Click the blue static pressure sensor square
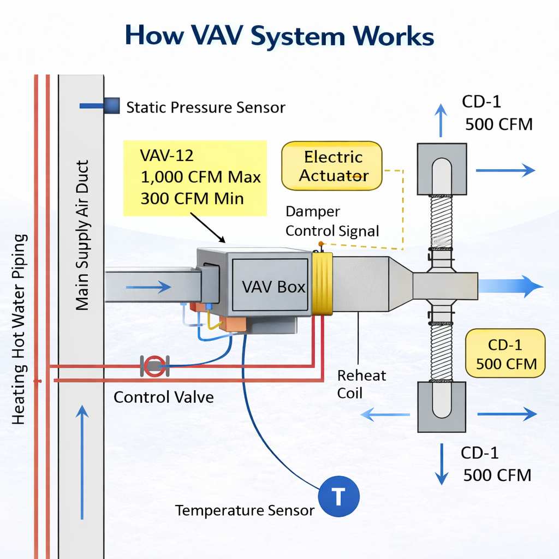pyautogui.click(x=111, y=105)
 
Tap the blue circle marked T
pyautogui.click(x=338, y=497)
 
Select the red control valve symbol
pyautogui.click(x=154, y=365)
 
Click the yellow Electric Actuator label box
pyautogui.click(x=331, y=166)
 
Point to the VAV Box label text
pyautogui.click(x=273, y=287)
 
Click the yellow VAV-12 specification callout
pyautogui.click(x=195, y=177)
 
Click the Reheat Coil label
pyautogui.click(x=361, y=384)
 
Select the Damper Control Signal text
pyautogui.click(x=332, y=221)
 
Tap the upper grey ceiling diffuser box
pyautogui.click(x=442, y=169)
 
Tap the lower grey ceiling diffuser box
pyautogui.click(x=442, y=407)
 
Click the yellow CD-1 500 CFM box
pyautogui.click(x=505, y=354)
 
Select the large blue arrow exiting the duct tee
pyautogui.click(x=510, y=286)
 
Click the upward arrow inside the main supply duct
pyautogui.click(x=82, y=461)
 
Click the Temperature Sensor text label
pyautogui.click(x=245, y=510)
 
